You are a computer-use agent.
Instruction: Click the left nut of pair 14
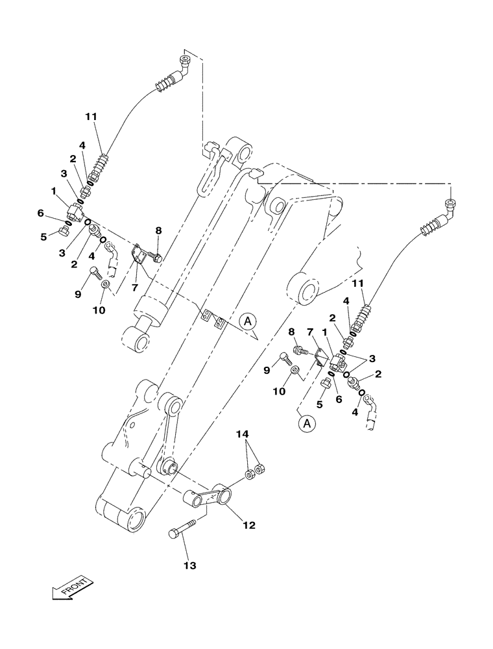(x=250, y=476)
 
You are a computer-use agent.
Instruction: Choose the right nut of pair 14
(x=260, y=467)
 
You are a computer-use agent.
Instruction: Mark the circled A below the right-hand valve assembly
(x=309, y=424)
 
